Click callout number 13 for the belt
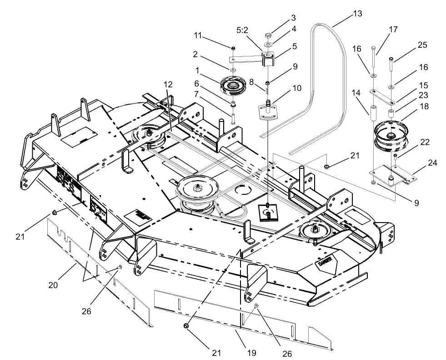[x=357, y=13]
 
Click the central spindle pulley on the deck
[x=198, y=188]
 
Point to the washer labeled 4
[x=269, y=45]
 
